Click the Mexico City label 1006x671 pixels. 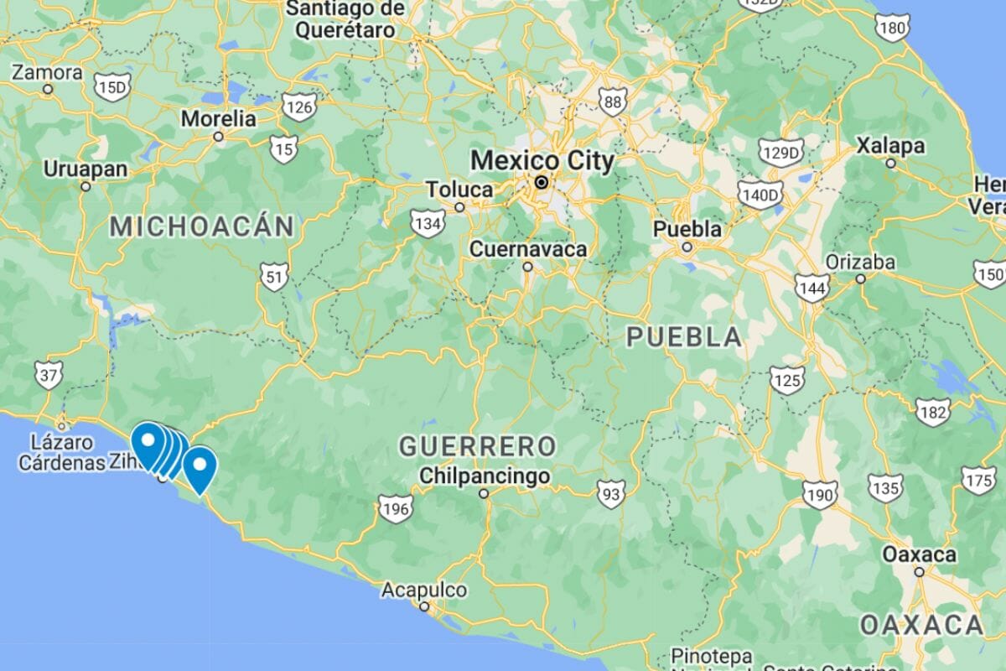point(542,160)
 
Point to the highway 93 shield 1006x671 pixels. point(610,494)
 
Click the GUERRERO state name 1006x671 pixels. point(477,445)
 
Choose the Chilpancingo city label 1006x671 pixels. point(484,476)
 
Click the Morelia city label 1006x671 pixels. point(218,119)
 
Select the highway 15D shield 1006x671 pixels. point(112,86)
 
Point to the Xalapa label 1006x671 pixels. point(890,146)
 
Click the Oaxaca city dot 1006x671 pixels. point(919,572)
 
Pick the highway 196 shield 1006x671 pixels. point(395,508)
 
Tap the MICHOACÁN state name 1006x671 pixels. point(202,226)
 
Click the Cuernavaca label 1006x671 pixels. point(528,249)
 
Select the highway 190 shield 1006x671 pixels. point(818,495)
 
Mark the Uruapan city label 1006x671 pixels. point(86,169)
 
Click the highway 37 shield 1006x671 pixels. point(49,374)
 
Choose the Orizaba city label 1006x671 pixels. point(860,262)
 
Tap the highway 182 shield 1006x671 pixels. point(933,412)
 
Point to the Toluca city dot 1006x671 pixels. point(459,207)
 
